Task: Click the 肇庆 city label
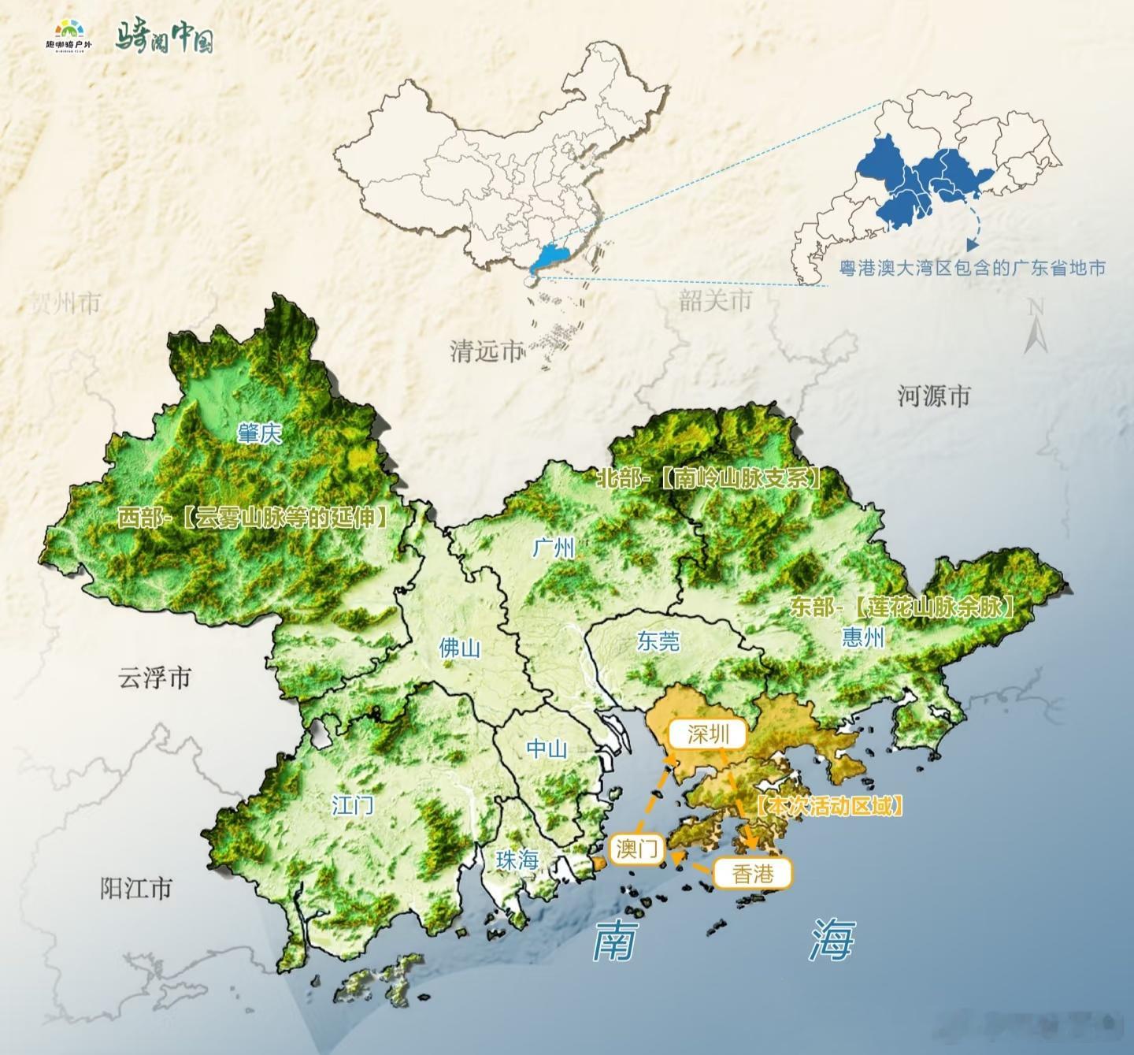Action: pos(259,433)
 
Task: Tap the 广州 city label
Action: pos(554,547)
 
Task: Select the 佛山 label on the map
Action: pos(460,648)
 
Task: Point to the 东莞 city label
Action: pos(658,641)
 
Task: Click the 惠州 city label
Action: pos(863,637)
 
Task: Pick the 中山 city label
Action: pos(547,748)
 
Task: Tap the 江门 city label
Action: pos(352,804)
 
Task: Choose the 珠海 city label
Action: pos(517,860)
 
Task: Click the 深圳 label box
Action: pos(708,734)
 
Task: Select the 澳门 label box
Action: pos(637,849)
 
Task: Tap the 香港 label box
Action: pos(752,873)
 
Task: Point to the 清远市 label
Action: pos(487,351)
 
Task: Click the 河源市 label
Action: pos(934,396)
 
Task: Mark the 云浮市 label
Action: pos(154,678)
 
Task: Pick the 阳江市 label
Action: pos(135,888)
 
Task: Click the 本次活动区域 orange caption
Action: pos(828,805)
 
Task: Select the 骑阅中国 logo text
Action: pos(165,37)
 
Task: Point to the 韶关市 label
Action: pos(715,299)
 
